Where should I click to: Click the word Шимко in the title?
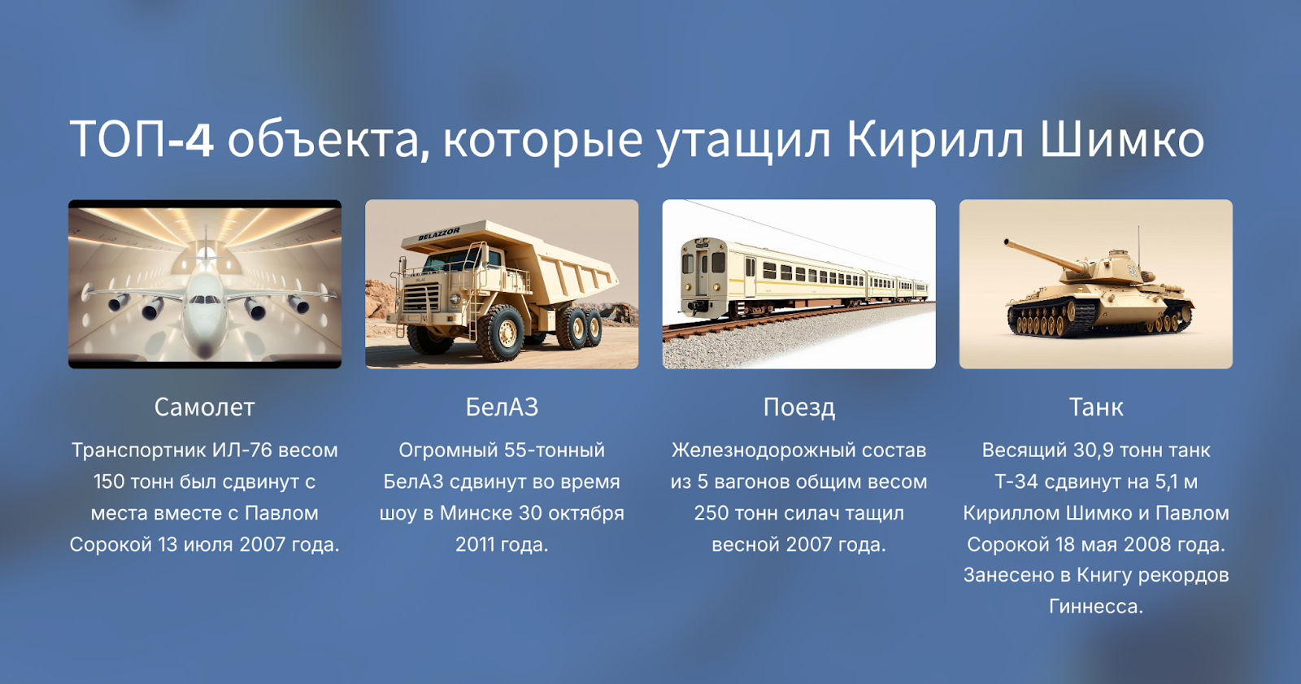pos(1122,140)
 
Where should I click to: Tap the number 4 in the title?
pos(199,140)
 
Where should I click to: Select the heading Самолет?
pos(205,407)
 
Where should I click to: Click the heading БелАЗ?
pos(502,407)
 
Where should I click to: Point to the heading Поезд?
pos(798,407)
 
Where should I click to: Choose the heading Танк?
pos(1095,407)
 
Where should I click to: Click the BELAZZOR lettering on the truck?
pos(439,234)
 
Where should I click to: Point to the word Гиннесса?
pos(1095,607)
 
